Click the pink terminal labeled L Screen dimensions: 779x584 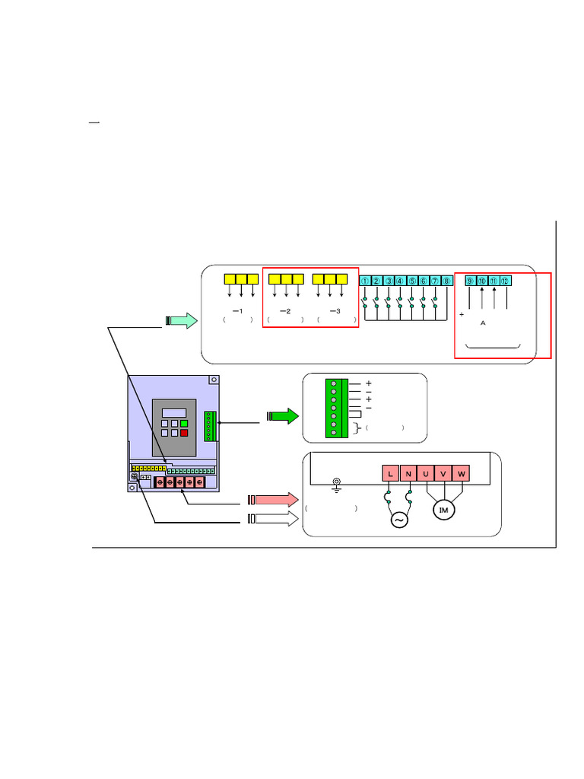coord(390,474)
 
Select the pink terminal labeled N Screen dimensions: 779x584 coord(408,474)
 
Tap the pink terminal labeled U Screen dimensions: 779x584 coord(426,474)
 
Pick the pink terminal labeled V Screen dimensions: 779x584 coord(444,474)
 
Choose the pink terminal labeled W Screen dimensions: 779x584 coord(462,474)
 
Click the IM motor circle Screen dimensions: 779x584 coord(444,510)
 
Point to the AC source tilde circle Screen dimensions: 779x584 coord(399,520)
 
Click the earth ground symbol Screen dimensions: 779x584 coord(336,483)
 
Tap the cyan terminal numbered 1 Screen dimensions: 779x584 coord(365,281)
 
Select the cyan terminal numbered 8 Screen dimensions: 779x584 coord(447,281)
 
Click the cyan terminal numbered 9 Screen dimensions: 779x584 coord(471,281)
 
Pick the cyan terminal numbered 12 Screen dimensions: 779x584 coord(506,281)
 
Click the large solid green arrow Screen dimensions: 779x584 coord(282,417)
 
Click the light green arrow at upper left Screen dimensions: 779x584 coord(182,320)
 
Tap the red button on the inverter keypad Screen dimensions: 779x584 coord(184,433)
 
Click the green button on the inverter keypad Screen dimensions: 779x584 coord(184,423)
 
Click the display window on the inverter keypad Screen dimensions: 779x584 coord(174,411)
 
